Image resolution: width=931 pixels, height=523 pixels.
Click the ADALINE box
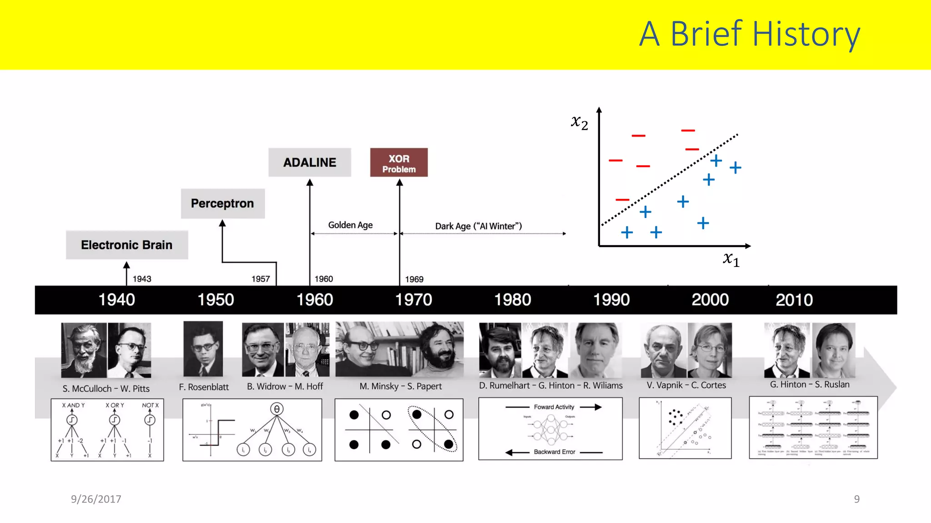point(310,162)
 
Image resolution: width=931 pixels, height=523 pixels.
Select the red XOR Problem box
point(399,163)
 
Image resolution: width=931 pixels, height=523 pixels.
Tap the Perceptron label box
point(222,203)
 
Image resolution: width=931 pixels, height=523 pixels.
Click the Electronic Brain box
point(127,245)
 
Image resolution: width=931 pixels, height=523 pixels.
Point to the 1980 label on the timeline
point(512,300)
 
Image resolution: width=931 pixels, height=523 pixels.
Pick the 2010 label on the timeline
point(794,300)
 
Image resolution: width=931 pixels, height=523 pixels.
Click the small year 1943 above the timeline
point(142,279)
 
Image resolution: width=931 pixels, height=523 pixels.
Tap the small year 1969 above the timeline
point(414,279)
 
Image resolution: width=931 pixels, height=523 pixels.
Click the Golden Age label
point(350,225)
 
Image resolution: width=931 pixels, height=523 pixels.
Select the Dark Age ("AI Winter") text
point(478,226)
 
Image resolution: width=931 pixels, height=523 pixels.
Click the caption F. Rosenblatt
point(204,387)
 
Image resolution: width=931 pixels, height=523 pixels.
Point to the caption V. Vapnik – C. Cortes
point(686,385)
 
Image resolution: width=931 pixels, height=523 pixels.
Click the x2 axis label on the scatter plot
point(579,122)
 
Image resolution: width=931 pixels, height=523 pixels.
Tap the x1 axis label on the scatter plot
point(731,259)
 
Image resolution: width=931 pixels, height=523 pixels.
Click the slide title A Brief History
point(749,34)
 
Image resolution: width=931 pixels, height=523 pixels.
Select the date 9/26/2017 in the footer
point(96,499)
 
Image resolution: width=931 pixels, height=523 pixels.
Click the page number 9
point(856,499)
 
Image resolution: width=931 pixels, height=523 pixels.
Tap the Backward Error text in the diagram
point(554,452)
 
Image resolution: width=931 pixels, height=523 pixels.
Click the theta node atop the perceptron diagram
point(276,409)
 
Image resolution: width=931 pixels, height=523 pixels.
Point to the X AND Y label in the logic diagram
point(73,405)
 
